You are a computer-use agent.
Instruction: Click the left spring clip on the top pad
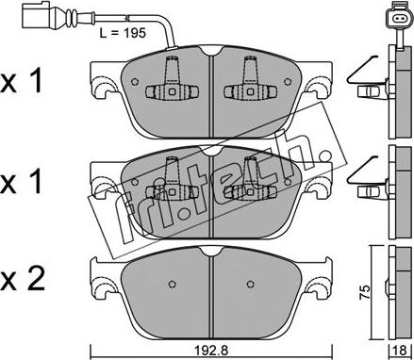(x=169, y=82)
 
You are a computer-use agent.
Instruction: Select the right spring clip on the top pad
(x=249, y=82)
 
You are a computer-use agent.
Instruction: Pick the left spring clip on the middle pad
(x=169, y=179)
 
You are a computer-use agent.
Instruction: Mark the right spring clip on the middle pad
(x=249, y=179)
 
